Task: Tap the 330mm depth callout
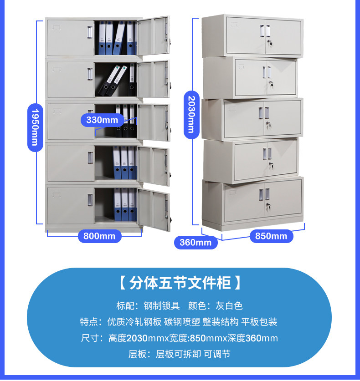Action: coord(102,120)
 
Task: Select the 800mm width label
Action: coord(99,236)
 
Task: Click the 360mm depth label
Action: coord(195,242)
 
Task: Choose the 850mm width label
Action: coord(271,236)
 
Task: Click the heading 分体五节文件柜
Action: coord(180,283)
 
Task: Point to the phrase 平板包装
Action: coord(259,322)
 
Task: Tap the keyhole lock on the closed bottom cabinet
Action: coord(267,208)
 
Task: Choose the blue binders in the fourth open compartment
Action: coord(124,163)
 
